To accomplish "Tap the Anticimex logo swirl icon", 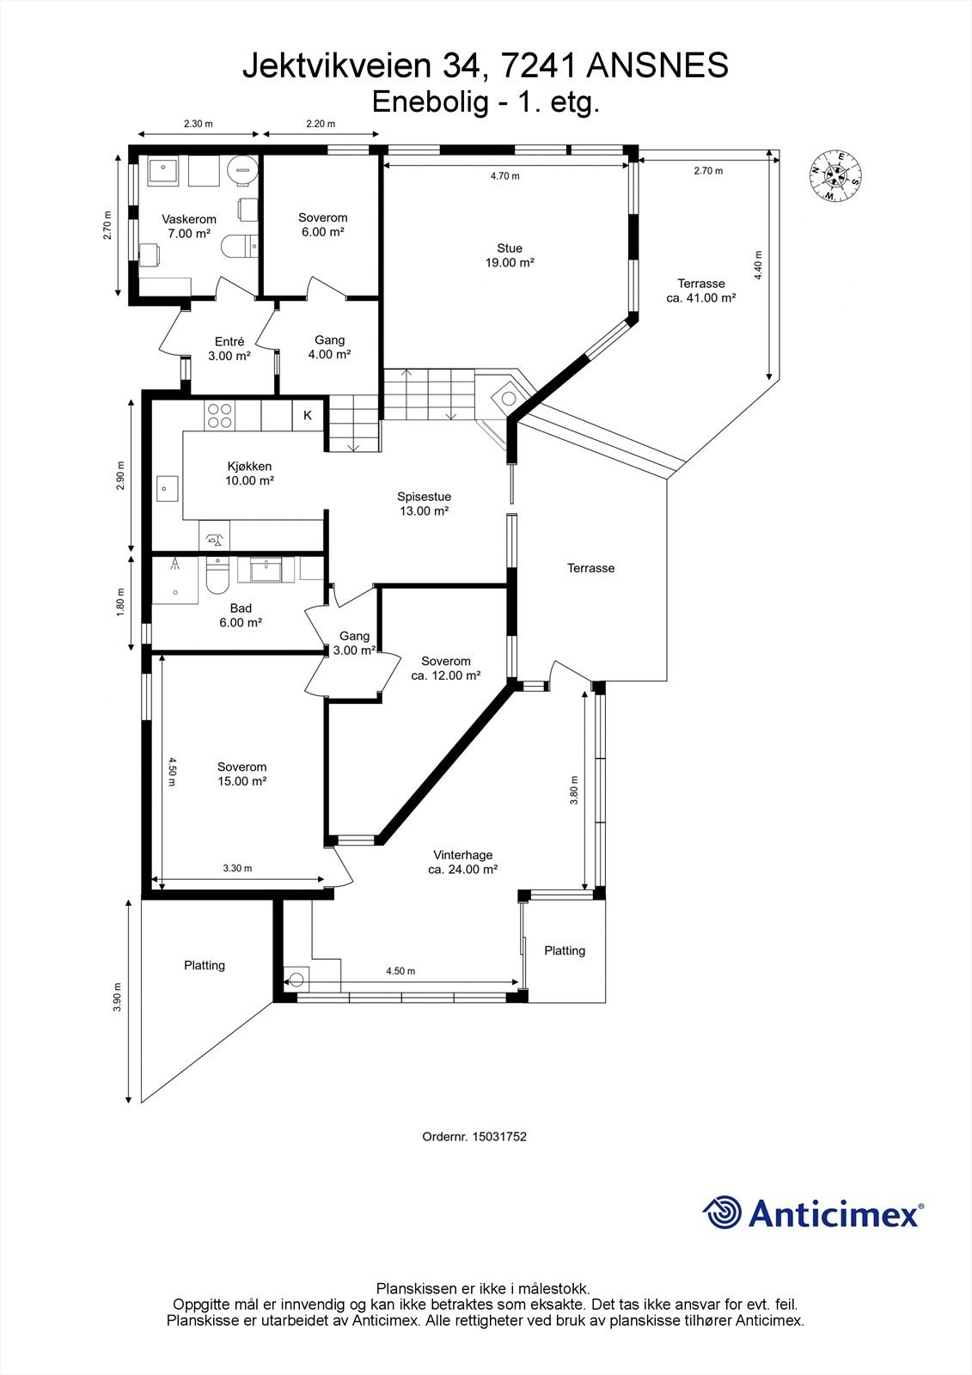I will click(x=722, y=1213).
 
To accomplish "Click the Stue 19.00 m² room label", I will click(x=510, y=255).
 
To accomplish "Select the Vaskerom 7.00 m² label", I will click(x=189, y=226).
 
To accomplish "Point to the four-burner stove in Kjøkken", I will click(x=220, y=416).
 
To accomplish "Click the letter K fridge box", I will click(x=308, y=416).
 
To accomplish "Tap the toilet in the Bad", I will click(x=217, y=578).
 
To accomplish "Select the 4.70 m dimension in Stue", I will click(x=504, y=176).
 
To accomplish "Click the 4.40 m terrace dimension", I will click(x=758, y=266).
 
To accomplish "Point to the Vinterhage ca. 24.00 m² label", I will click(x=463, y=862).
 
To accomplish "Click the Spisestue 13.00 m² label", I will click(x=424, y=504).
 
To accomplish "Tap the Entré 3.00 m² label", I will click(x=229, y=348).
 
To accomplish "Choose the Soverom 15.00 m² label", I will click(x=241, y=774).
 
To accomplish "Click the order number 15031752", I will click(x=474, y=1136).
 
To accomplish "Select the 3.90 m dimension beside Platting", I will click(x=118, y=998).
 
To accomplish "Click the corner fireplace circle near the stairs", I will click(x=508, y=398).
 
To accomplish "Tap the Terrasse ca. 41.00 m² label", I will click(x=700, y=290).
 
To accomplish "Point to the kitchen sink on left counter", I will click(x=166, y=488).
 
